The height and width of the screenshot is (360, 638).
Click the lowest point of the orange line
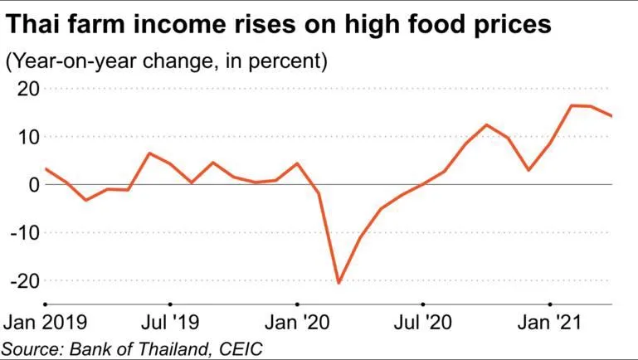pyautogui.click(x=338, y=283)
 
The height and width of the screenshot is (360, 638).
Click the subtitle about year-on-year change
pyautogui.click(x=166, y=61)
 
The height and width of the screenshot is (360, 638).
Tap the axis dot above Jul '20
pyautogui.click(x=422, y=304)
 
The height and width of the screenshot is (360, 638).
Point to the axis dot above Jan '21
pyautogui.click(x=549, y=304)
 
